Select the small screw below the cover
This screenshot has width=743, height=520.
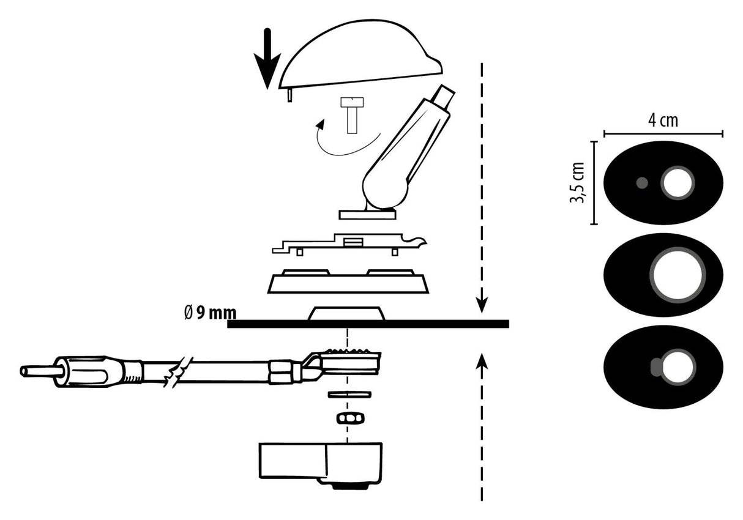352,115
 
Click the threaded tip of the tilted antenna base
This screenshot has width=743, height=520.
442,97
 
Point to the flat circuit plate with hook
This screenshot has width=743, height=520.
343,244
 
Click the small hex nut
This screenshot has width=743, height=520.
349,418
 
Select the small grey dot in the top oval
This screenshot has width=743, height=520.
642,182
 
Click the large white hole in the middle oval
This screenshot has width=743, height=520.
677,275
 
